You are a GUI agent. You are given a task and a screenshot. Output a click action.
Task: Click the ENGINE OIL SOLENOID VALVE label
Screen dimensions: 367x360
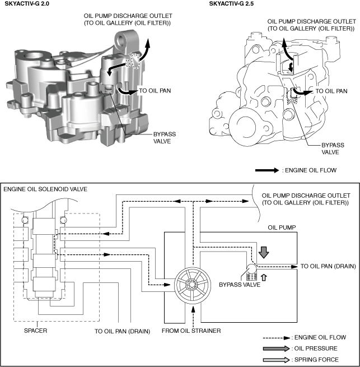point(43,189)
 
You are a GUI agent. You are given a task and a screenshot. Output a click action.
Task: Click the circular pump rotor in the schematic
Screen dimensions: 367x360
point(193,283)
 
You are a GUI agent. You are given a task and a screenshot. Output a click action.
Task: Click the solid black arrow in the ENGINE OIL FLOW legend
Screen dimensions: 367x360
point(268,169)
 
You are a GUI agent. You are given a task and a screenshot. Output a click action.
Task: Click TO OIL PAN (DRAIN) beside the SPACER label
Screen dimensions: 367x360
point(122,331)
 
